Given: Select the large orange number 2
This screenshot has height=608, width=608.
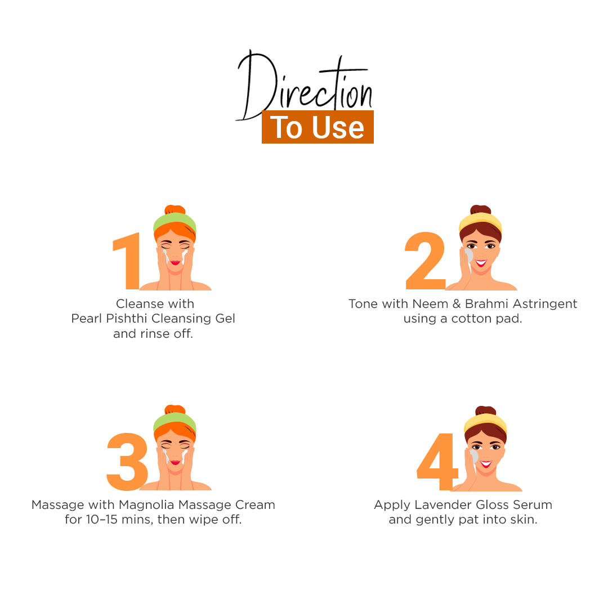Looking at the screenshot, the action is click(425, 261).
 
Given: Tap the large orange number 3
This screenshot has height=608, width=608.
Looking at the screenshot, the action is click(128, 462).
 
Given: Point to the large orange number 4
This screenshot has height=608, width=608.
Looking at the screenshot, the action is click(437, 462).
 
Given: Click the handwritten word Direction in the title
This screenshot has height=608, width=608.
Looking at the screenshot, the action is click(305, 86).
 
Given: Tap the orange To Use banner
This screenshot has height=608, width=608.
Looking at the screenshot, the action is click(318, 127).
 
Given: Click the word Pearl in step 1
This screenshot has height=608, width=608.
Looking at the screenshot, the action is click(87, 318).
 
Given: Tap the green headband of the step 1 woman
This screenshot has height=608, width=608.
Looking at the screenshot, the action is click(175, 222).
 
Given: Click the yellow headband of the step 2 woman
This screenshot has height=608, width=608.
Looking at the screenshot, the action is click(481, 222).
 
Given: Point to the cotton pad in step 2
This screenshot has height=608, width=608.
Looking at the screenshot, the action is click(469, 255).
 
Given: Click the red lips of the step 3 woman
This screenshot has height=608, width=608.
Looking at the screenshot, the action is click(175, 463).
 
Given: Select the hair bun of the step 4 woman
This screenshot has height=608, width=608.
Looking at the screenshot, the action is click(486, 411).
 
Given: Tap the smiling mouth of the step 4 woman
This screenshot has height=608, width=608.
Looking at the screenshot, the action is click(486, 464).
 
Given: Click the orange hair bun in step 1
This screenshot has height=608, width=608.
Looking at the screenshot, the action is click(175, 209).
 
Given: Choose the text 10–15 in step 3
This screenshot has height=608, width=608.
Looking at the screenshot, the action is click(101, 520).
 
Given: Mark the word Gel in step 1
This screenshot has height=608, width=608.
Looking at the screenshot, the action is click(225, 318).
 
